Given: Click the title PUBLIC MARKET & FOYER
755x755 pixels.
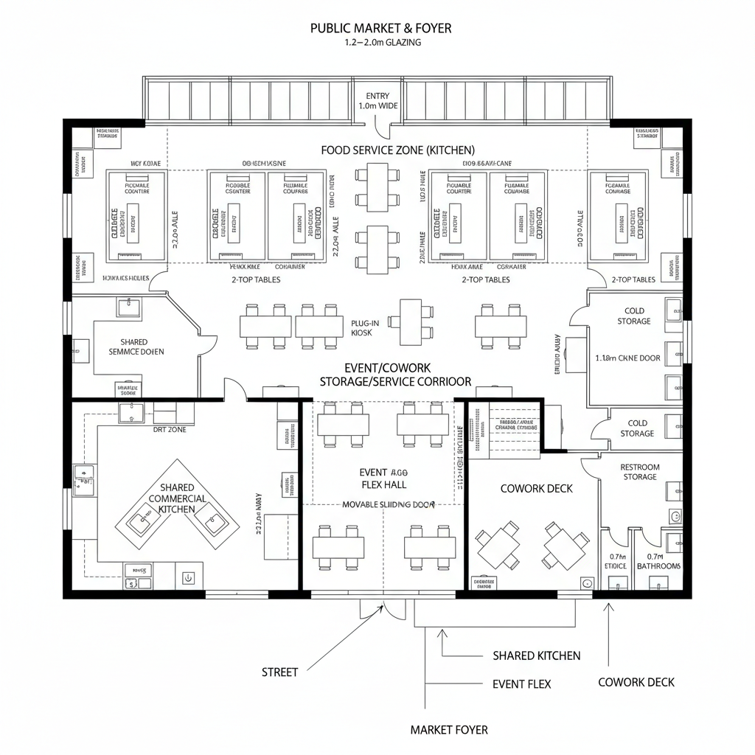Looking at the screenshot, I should pyautogui.click(x=380, y=28).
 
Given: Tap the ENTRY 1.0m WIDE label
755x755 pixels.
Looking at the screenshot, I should pyautogui.click(x=377, y=101).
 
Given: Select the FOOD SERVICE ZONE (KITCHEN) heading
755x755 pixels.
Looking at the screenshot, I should pyautogui.click(x=397, y=150).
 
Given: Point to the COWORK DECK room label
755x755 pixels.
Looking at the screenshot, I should pyautogui.click(x=536, y=488).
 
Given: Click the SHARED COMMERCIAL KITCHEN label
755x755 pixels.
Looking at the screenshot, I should pyautogui.click(x=177, y=498).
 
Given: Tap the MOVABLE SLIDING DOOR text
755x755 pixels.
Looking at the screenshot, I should pyautogui.click(x=389, y=505).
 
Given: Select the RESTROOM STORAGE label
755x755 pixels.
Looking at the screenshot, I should pyautogui.click(x=639, y=472).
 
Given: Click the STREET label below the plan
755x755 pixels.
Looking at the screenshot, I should pyautogui.click(x=280, y=672).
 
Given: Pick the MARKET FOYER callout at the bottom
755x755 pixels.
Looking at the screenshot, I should pyautogui.click(x=449, y=730).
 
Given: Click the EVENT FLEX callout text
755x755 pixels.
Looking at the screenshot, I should pyautogui.click(x=521, y=684).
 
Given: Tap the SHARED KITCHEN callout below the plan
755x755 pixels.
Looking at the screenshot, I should pyautogui.click(x=536, y=655).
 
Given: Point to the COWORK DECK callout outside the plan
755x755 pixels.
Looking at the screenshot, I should pyautogui.click(x=636, y=682).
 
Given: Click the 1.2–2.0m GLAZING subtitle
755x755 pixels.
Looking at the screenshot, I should pyautogui.click(x=382, y=43).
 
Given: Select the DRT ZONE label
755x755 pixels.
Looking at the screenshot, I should pyautogui.click(x=170, y=429).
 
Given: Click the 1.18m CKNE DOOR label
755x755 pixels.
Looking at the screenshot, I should pyautogui.click(x=627, y=358).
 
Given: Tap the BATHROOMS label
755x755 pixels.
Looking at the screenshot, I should pyautogui.click(x=659, y=566).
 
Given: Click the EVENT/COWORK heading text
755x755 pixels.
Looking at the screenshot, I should pyautogui.click(x=387, y=367).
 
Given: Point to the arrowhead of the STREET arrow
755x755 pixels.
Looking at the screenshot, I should pyautogui.click(x=383, y=606).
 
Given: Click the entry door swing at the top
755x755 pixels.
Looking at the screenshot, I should pyautogui.click(x=381, y=129).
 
